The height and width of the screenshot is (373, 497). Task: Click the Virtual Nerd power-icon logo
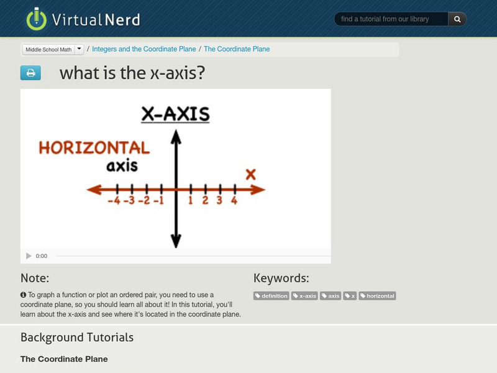(37, 19)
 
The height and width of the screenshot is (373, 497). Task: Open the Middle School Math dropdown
(79, 49)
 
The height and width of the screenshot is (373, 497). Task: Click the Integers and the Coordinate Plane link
(144, 49)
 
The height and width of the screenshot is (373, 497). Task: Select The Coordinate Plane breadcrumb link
(237, 49)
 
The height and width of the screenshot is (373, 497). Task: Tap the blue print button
(30, 73)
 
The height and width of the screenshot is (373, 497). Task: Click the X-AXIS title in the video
(175, 114)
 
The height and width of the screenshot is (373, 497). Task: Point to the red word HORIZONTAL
(94, 147)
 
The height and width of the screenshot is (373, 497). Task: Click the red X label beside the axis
(250, 174)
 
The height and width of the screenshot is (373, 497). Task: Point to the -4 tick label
(114, 201)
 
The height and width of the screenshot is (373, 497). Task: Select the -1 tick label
(158, 201)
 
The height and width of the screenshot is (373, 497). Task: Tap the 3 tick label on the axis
(219, 201)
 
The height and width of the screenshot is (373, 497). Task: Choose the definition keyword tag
(271, 296)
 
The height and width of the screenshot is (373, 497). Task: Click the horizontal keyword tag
(377, 296)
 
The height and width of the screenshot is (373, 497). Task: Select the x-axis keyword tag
(304, 296)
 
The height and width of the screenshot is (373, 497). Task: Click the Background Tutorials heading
(77, 338)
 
